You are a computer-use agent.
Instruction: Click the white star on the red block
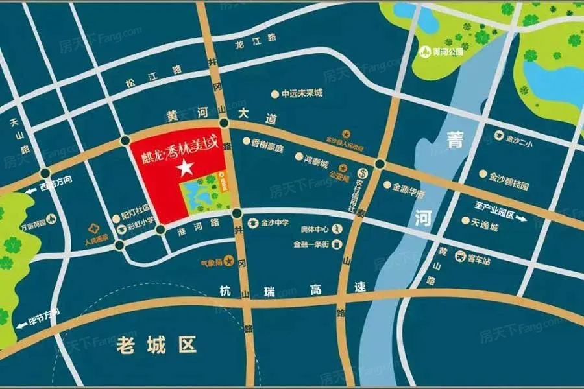click(x=186, y=168)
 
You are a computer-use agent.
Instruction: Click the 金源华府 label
click(x=408, y=185)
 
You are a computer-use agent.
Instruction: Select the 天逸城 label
click(x=484, y=220)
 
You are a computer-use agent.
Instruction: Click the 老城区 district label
click(x=156, y=346)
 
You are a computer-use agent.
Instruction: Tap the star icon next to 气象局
click(x=228, y=261)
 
